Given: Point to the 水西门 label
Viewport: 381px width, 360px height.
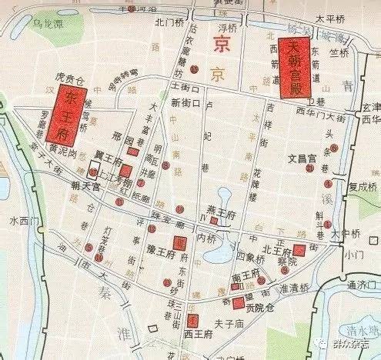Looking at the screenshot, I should [x=24, y=220].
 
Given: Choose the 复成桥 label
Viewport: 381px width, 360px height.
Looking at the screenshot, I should [x=363, y=185].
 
